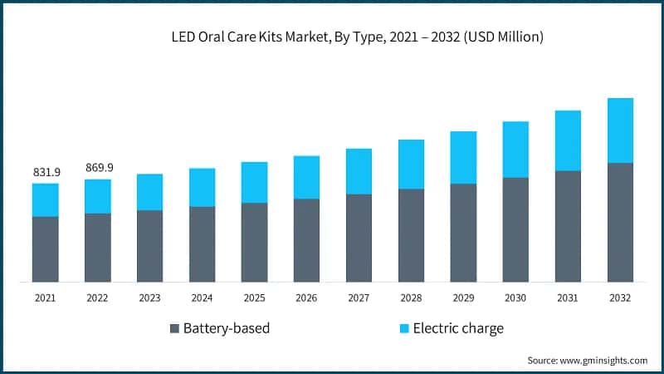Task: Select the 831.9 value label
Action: [x=46, y=172]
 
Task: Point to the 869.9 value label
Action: [x=99, y=168]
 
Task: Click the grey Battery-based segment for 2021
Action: [x=46, y=249]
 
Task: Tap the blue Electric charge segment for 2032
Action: [x=620, y=130]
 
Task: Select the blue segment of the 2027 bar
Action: [x=359, y=171]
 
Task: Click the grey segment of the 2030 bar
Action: [x=515, y=229]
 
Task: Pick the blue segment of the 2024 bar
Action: [x=202, y=187]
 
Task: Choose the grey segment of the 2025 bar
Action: [x=254, y=242]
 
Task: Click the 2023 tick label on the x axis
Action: [x=149, y=298]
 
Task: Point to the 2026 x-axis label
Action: [x=306, y=298]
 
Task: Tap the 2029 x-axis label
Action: [x=463, y=298]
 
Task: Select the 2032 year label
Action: [x=620, y=298]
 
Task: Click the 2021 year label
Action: [x=46, y=298]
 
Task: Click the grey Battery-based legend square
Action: [x=174, y=328]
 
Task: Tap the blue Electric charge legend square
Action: [x=403, y=328]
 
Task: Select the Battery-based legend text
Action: [x=227, y=328]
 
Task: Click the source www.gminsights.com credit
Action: [x=587, y=360]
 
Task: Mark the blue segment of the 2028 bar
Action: [x=411, y=164]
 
